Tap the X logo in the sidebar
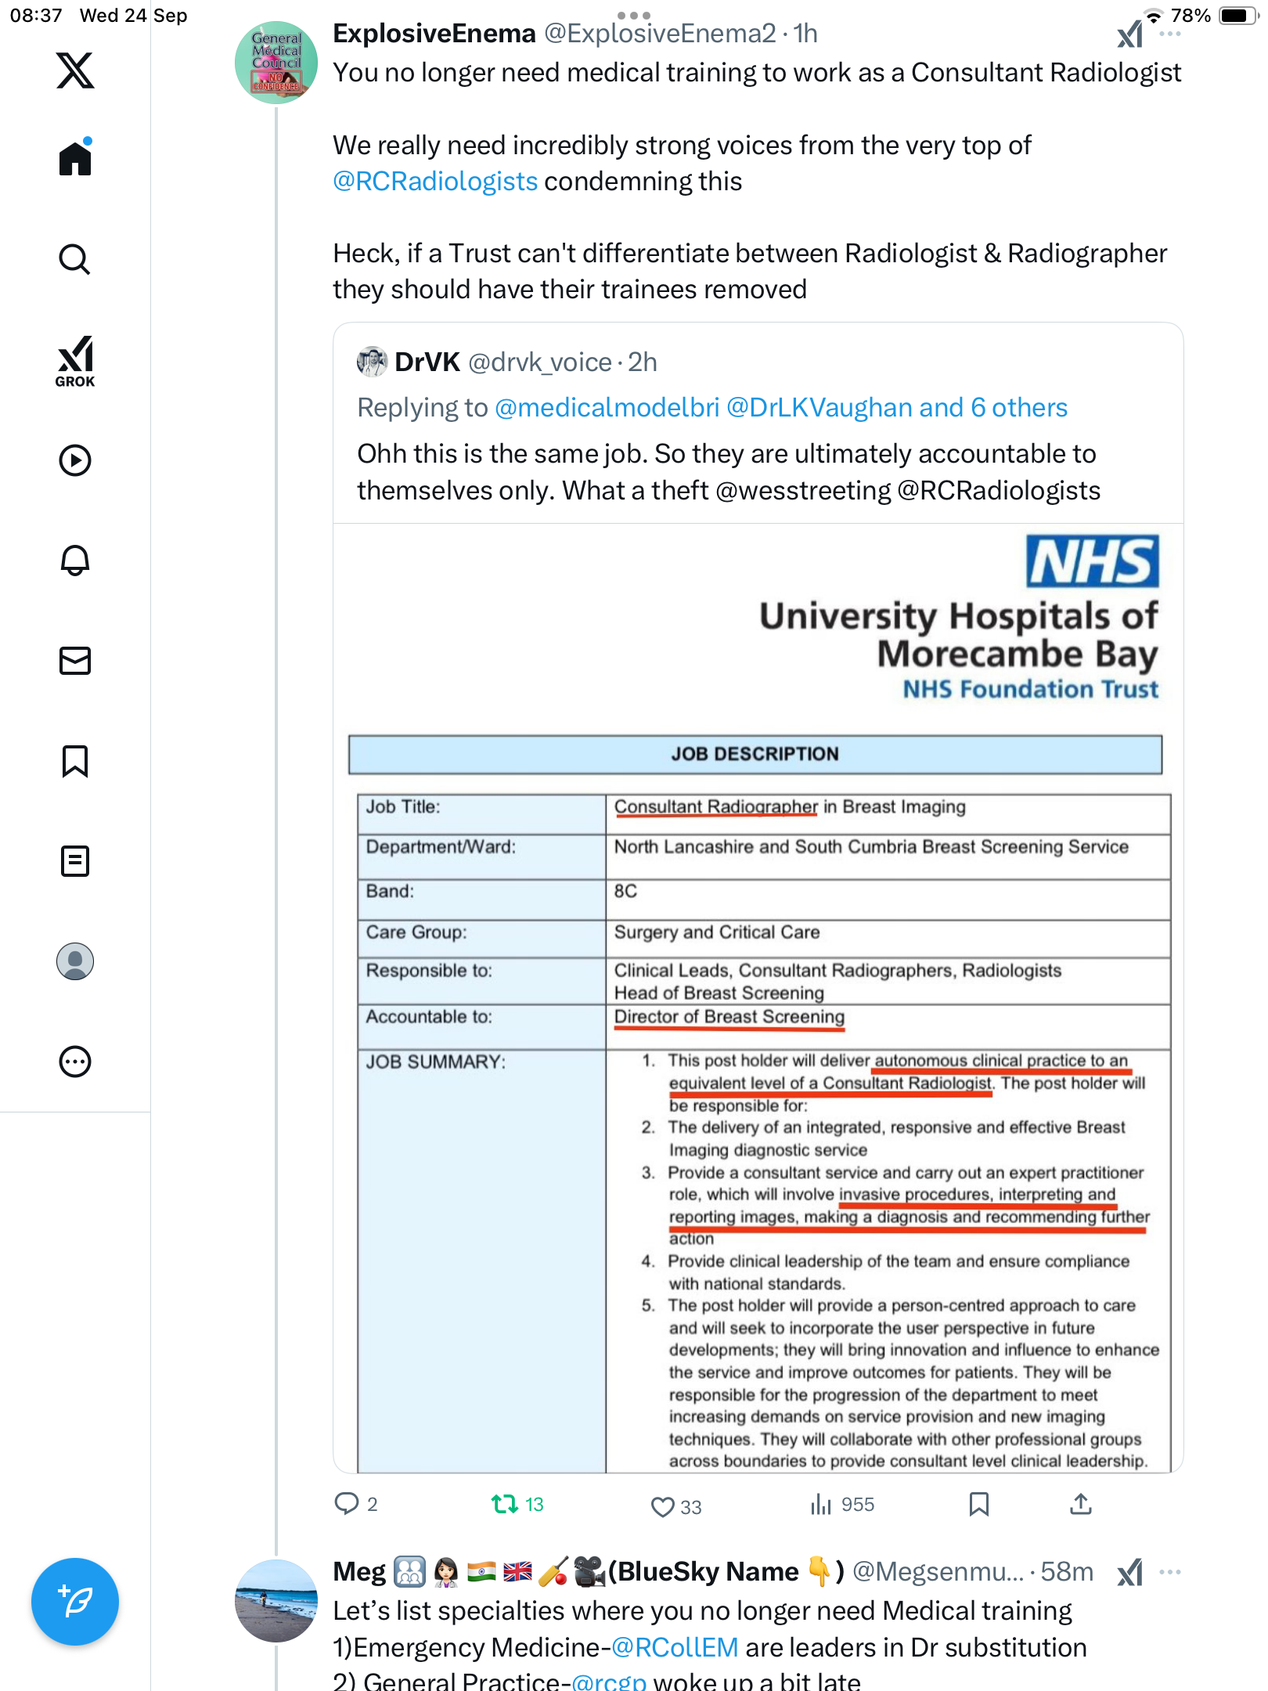(75, 70)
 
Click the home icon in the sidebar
(75, 158)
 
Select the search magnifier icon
(75, 259)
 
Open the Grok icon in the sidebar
(75, 361)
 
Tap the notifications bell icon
(75, 561)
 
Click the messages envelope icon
(75, 661)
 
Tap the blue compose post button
(75, 1601)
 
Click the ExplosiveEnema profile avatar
(276, 63)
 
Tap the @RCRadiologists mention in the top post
(435, 182)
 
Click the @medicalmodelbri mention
(607, 408)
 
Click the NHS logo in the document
(1092, 561)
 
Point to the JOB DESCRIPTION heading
(755, 754)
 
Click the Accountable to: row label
(429, 1017)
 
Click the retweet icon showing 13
(505, 1504)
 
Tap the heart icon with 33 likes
(662, 1506)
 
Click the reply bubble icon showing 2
(346, 1504)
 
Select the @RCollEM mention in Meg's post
(675, 1648)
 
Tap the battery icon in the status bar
(1236, 16)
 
